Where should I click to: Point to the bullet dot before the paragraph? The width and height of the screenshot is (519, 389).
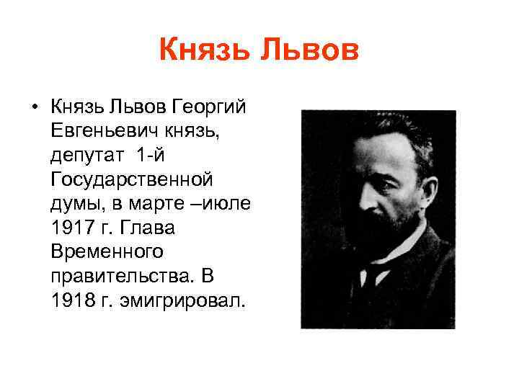coord(34,108)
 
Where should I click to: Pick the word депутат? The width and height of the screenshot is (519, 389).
coord(84,156)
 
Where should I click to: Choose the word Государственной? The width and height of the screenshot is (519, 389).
coord(132,179)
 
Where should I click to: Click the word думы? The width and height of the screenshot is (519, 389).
coord(74,203)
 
